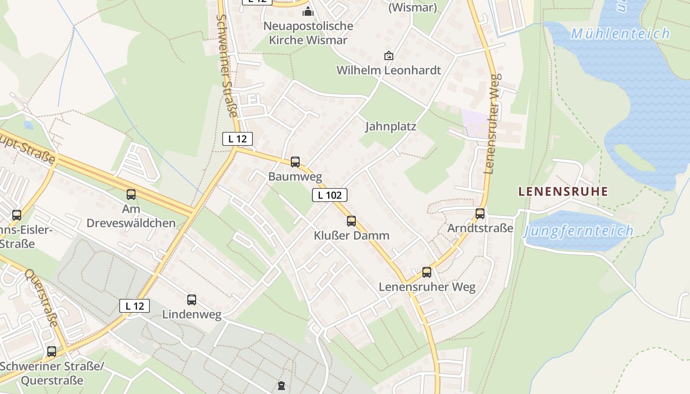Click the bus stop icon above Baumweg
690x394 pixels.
(295, 162)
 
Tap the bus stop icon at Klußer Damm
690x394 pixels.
(351, 221)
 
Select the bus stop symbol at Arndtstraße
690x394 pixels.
(480, 214)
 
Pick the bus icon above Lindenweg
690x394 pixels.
(192, 299)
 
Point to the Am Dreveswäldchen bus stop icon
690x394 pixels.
(131, 195)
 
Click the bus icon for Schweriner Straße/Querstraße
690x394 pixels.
(52, 352)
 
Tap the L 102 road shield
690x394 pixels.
(330, 195)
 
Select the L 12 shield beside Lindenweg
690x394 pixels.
(135, 306)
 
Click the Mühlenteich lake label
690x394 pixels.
(620, 34)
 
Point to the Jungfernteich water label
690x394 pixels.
(578, 230)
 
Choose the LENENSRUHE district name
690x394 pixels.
(563, 191)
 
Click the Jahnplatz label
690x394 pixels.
(390, 127)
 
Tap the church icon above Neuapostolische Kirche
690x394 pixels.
(309, 11)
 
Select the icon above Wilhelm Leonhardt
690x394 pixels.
(389, 56)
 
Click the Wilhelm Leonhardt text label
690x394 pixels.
(388, 70)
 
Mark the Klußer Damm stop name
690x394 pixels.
(351, 235)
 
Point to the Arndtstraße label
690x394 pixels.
(480, 228)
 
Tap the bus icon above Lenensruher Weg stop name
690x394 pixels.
(427, 272)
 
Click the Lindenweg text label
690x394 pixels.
(192, 314)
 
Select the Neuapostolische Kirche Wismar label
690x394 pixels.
(309, 33)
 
